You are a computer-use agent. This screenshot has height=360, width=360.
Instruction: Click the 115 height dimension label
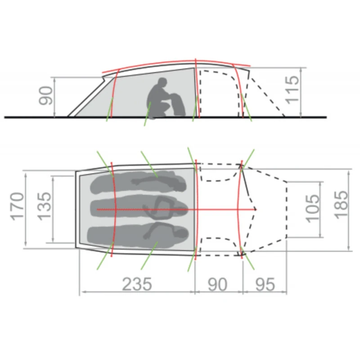click(292, 90)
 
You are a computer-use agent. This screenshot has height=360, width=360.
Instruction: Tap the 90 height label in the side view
click(46, 95)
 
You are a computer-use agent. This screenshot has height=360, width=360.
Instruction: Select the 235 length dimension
click(137, 284)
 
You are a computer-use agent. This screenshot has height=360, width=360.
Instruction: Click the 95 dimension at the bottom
click(265, 284)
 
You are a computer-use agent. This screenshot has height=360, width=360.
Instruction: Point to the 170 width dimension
click(18, 207)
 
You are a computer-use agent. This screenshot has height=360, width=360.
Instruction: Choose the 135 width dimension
click(44, 206)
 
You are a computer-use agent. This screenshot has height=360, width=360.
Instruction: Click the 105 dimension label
click(313, 208)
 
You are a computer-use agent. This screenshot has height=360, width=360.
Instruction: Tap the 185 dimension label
click(341, 205)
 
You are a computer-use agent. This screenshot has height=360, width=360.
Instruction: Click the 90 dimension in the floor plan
click(217, 284)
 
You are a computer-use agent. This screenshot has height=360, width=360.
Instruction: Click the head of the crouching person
click(162, 82)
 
